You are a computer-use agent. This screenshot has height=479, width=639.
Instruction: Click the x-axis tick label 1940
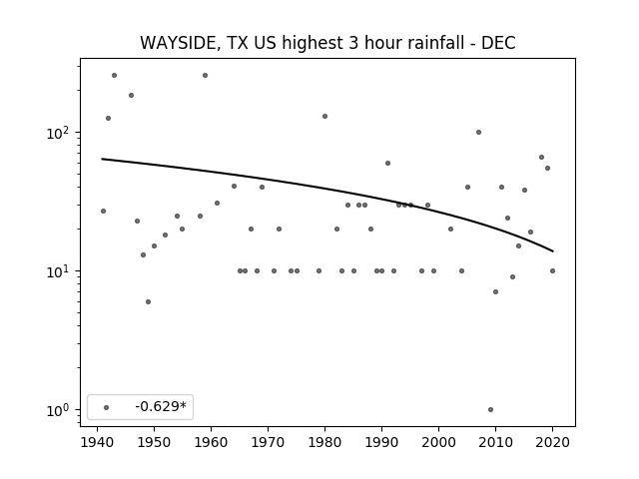(x=98, y=442)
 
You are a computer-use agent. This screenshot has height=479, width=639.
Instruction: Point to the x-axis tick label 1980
(x=324, y=442)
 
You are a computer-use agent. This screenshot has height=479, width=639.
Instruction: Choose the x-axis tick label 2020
(x=552, y=442)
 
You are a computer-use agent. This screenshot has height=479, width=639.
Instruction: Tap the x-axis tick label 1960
(x=211, y=442)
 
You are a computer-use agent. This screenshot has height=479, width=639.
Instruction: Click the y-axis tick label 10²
(x=60, y=133)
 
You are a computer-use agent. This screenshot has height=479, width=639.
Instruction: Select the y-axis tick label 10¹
(x=60, y=271)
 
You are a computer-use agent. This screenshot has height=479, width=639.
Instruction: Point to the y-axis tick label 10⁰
(x=60, y=410)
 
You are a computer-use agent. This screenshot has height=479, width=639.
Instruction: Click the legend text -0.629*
(x=161, y=406)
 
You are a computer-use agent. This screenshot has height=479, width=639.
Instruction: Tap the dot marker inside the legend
(x=107, y=407)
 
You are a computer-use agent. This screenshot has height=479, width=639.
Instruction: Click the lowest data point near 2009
(x=490, y=410)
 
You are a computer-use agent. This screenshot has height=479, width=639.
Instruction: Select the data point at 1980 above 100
(x=324, y=117)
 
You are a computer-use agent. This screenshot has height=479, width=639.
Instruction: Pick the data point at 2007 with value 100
(x=479, y=133)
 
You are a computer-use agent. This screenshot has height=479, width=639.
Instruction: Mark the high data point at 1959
(x=206, y=76)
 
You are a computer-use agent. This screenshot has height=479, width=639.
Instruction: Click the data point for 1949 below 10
(x=149, y=301)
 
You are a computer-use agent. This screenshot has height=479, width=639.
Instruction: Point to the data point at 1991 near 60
(x=388, y=164)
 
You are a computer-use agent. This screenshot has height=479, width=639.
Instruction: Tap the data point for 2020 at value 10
(x=552, y=270)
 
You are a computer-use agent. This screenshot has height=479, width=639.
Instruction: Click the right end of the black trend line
(x=553, y=251)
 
